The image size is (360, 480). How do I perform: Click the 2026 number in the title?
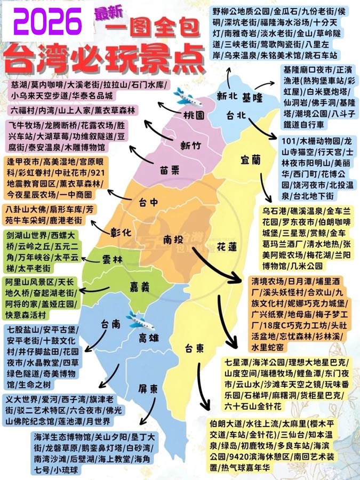click(x=45, y=22)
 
